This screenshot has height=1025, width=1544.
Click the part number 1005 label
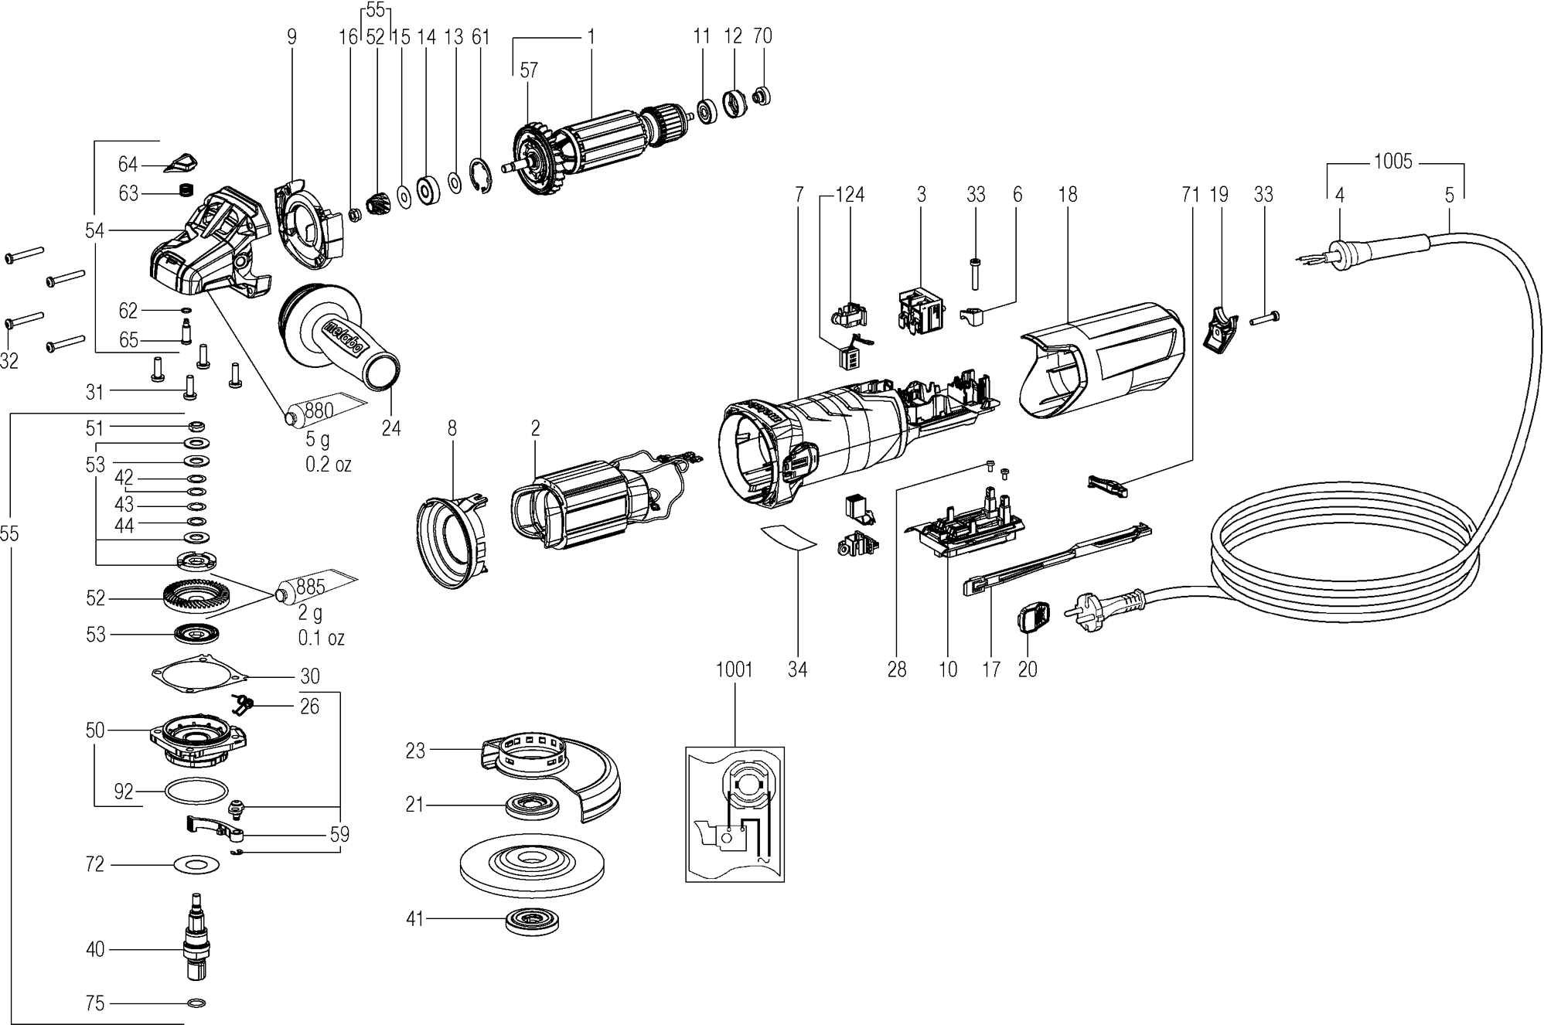coord(1392,162)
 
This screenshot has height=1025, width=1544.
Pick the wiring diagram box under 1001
coord(735,813)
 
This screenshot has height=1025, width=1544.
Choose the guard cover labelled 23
coord(552,774)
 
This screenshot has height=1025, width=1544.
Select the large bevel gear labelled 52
coord(193,598)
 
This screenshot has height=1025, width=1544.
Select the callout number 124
coord(850,194)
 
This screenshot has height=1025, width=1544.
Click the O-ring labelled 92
coord(196,792)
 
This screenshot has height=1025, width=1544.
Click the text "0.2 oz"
coord(329,465)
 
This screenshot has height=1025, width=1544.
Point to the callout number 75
coord(95,1003)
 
